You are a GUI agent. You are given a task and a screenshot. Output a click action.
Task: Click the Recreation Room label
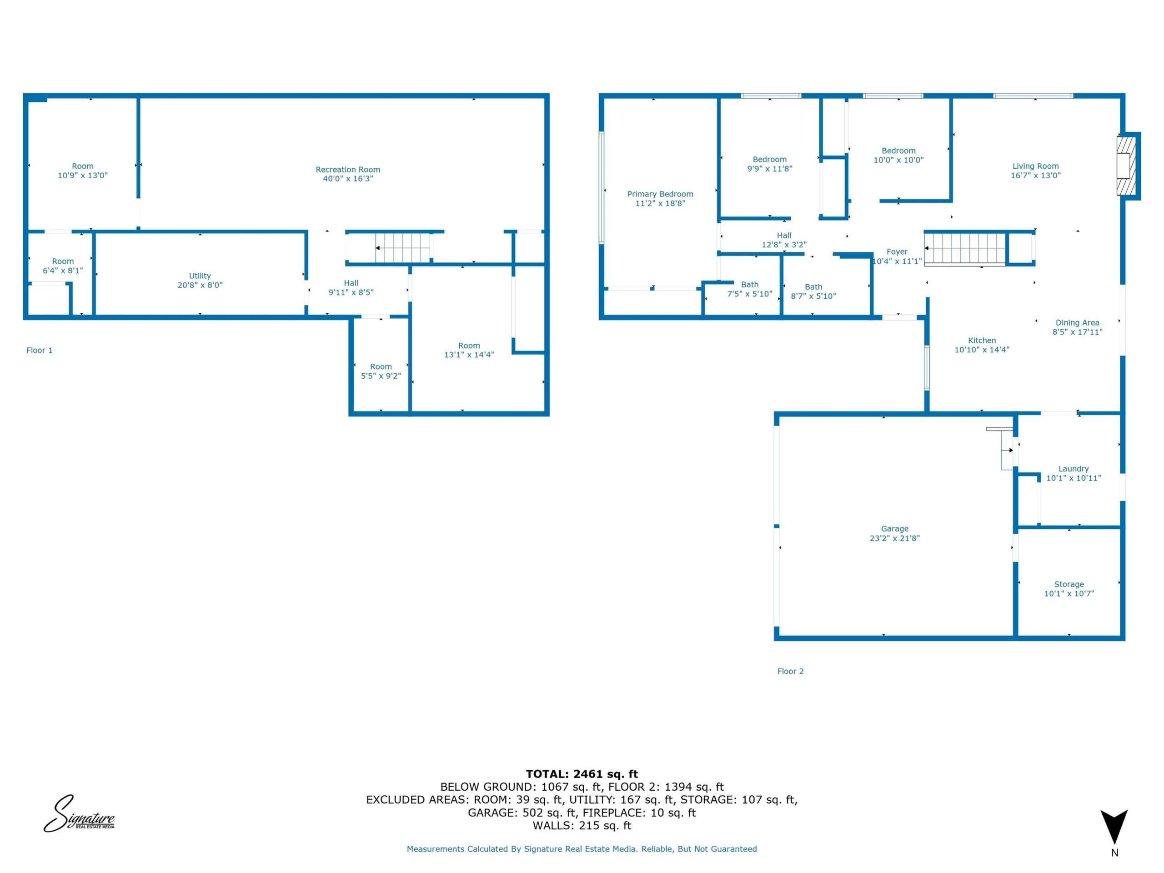pos(348,170)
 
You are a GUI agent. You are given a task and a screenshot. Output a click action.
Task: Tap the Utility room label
pos(200,276)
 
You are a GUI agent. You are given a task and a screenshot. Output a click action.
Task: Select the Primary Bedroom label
pos(660,194)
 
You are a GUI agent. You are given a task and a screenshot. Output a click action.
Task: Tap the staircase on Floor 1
pos(402,248)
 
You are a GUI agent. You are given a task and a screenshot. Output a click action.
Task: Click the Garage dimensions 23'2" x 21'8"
pos(894,538)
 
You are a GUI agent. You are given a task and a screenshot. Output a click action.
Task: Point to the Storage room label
pos(1069,584)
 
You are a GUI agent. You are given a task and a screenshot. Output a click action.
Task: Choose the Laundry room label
pos(1074,469)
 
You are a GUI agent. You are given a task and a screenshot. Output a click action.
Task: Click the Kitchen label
pos(982,341)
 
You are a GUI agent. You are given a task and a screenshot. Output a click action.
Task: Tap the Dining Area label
pos(1077,322)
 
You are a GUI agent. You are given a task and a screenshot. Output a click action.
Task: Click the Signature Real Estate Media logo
pos(79,813)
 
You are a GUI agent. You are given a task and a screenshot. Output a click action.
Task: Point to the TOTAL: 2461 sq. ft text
pos(582,774)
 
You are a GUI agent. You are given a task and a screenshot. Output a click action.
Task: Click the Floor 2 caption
pos(790,672)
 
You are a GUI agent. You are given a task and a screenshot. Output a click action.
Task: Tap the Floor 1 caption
pos(40,351)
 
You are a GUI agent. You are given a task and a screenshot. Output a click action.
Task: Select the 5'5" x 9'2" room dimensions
pos(381,376)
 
